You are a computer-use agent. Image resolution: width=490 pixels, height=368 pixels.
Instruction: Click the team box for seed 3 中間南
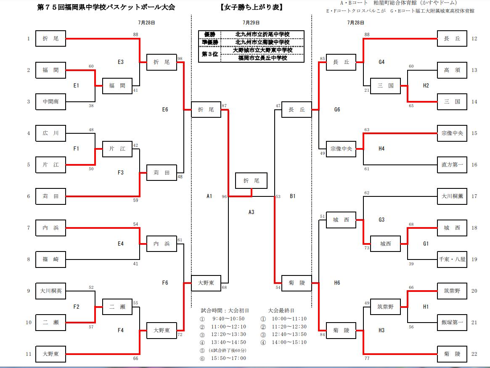pos(50,101)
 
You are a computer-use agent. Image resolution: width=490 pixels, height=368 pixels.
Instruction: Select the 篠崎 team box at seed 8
pos(50,259)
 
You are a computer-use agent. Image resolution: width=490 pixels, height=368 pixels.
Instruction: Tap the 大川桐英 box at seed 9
pos(50,291)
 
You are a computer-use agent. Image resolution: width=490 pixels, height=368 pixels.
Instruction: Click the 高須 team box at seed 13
pos(452,70)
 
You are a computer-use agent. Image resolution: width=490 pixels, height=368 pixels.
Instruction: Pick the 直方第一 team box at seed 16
pos(452,164)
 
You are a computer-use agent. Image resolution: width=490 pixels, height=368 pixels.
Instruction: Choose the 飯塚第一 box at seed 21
pos(452,323)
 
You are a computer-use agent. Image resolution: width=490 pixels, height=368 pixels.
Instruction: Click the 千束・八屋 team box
pos(452,259)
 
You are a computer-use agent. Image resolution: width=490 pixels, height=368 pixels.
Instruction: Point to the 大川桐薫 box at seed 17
pos(452,196)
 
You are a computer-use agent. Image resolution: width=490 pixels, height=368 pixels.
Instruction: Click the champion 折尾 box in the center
pos(251,180)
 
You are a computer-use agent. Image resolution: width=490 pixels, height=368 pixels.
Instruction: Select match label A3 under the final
pos(251,212)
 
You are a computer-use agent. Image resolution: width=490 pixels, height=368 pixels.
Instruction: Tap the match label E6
pos(165,109)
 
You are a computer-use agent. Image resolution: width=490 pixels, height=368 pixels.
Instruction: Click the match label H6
pos(337,283)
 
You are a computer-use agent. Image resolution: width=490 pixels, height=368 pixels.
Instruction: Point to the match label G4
pos(381,62)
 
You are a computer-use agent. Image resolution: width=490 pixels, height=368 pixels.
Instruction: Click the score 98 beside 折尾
pos(180,58)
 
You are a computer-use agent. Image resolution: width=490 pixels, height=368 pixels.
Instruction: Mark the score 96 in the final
pos(224,196)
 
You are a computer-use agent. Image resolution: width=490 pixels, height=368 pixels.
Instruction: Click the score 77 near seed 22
pos(367,358)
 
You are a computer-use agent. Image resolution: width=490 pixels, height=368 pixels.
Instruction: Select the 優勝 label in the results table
pos(210,34)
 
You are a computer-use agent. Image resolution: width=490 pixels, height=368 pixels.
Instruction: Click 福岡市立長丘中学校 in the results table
pos(262,58)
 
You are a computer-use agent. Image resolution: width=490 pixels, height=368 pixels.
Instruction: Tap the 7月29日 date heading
pos(251,22)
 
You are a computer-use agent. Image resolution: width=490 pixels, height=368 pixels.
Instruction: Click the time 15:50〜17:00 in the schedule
pos(228,358)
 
